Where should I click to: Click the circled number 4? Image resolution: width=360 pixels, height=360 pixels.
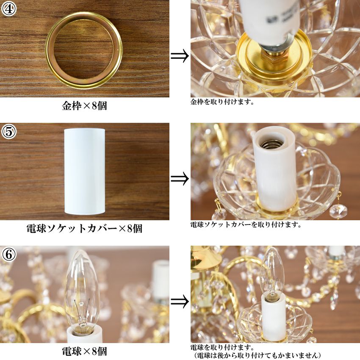tap(9, 9)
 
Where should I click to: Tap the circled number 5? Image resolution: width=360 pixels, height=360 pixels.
tap(9, 132)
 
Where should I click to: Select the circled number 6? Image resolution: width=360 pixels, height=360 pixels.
tap(9, 255)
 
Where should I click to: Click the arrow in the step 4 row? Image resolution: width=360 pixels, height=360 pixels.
tap(180, 55)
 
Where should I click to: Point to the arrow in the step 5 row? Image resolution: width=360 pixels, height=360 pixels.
tap(180, 178)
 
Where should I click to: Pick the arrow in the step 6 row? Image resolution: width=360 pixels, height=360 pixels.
tap(180, 302)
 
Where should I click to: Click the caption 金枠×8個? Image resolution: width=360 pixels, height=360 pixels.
tap(84, 106)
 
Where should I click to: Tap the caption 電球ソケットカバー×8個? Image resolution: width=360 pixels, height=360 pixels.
tap(84, 229)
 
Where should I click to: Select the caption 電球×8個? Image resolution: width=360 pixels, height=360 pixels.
tap(84, 351)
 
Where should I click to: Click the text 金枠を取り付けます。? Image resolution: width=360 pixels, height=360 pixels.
tap(222, 102)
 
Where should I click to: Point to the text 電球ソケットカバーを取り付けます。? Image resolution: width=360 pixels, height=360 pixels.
tap(246, 224)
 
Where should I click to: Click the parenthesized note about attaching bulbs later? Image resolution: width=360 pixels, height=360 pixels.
tap(257, 355)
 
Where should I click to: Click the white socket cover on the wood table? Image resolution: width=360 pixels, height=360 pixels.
tap(84, 172)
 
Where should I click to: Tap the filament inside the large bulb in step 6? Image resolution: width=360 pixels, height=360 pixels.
tap(82, 312)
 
